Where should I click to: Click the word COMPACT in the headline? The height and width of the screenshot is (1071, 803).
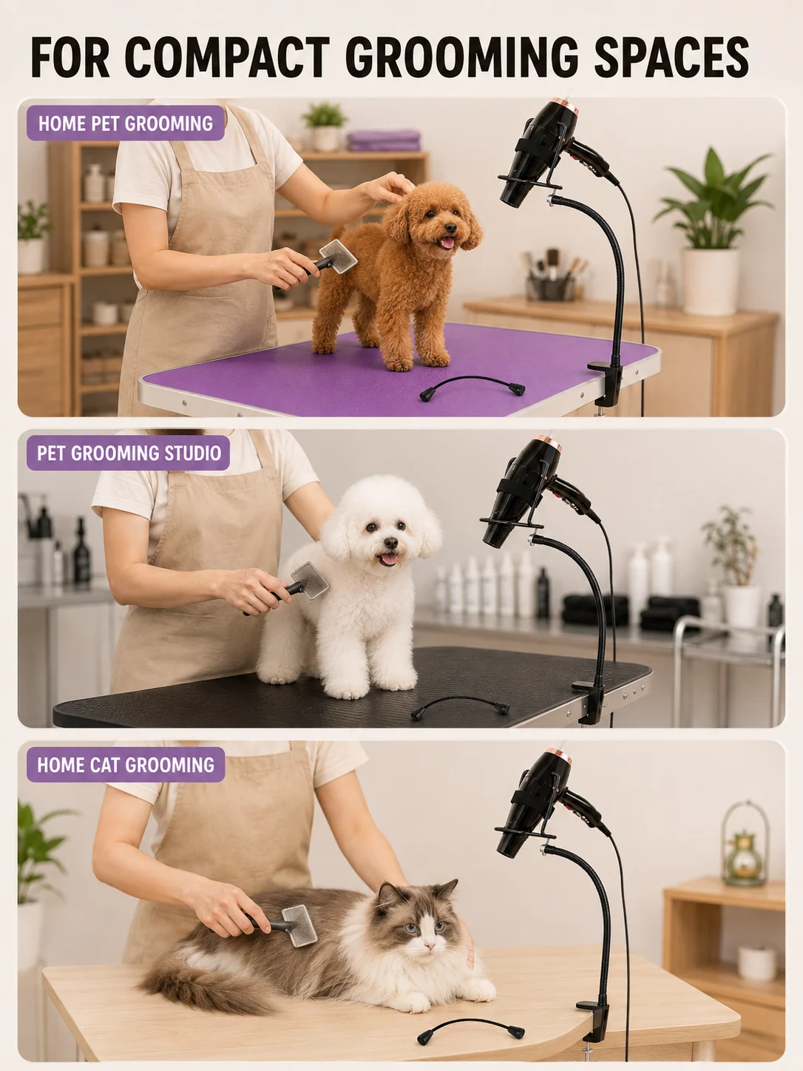click(x=228, y=57)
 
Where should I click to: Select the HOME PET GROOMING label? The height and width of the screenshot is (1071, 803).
click(x=125, y=124)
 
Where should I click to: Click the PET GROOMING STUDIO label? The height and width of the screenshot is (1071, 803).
click(x=128, y=453)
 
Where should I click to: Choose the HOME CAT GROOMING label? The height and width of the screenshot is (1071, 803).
click(x=126, y=765)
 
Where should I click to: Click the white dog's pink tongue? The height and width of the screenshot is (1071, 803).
click(x=388, y=559)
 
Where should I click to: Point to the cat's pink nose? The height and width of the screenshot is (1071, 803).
click(x=429, y=945)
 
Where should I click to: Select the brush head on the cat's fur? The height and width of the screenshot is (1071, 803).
click(x=299, y=925)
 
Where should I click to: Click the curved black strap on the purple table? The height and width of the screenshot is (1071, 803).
click(x=472, y=385)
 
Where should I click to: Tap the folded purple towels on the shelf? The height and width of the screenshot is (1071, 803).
click(x=383, y=141)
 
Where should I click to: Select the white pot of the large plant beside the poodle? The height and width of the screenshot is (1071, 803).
click(x=711, y=282)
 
